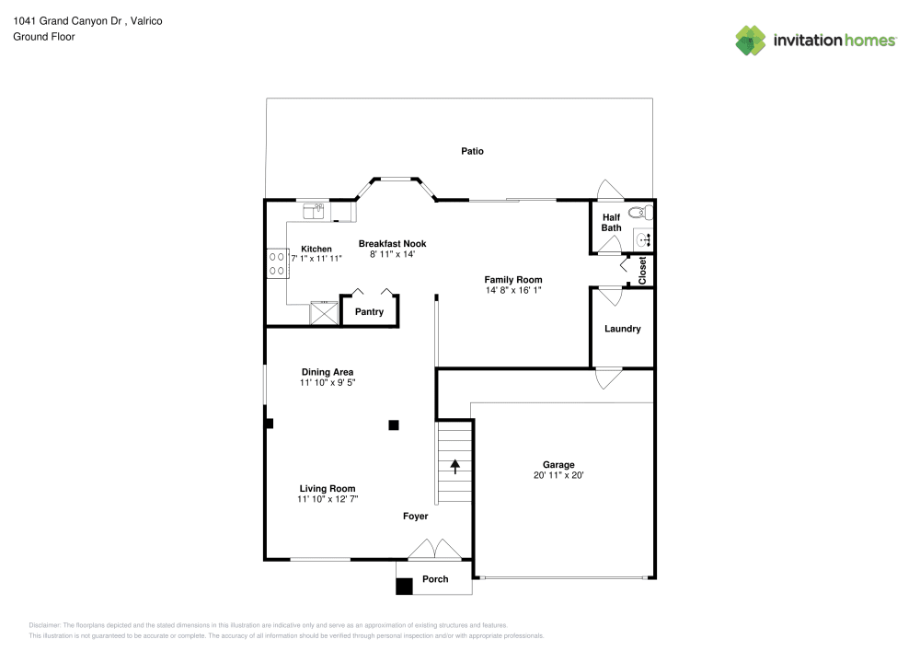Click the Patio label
point(472,151)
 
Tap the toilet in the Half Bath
point(644,213)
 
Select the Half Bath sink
point(643,239)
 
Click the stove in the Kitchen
point(275,264)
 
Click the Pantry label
point(369,312)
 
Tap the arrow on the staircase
point(454,466)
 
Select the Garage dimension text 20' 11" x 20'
point(558,476)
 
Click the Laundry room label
point(622,329)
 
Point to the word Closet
point(642,270)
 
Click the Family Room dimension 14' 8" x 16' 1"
point(513,291)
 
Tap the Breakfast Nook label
point(392,244)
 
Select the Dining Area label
point(327,372)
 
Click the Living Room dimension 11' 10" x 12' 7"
point(327,499)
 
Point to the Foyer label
point(416,517)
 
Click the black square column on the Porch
point(404,586)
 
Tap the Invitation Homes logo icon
point(751,40)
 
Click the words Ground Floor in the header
point(44,37)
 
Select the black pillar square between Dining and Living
point(394,424)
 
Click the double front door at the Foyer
point(435,549)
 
